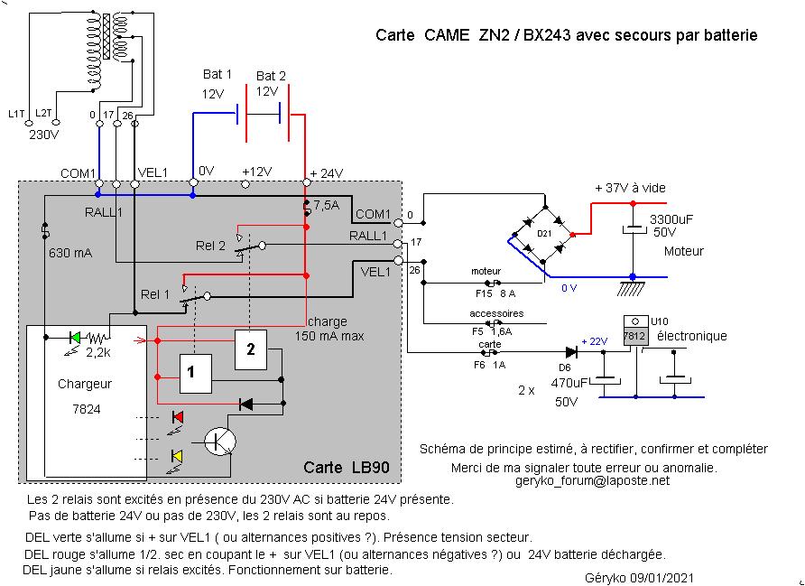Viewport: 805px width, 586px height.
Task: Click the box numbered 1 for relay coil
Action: (195, 371)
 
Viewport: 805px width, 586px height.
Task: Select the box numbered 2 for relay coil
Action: (252, 349)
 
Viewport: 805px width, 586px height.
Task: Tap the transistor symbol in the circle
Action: (219, 441)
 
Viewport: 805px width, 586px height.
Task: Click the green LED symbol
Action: (76, 338)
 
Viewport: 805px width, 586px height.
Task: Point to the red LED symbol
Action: (177, 416)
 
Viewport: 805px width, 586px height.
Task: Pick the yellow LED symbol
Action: (177, 456)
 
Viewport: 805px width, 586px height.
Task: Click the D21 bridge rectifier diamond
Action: (545, 233)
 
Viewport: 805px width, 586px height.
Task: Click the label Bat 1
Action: (217, 75)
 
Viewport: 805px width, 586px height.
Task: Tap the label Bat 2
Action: (271, 76)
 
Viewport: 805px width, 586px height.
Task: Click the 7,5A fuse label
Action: (326, 205)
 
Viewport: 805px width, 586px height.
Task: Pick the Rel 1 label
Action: (155, 294)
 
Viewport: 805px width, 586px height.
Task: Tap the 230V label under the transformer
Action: (44, 135)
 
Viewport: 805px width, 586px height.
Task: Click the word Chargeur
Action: (85, 383)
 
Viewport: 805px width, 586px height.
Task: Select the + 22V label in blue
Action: (595, 341)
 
